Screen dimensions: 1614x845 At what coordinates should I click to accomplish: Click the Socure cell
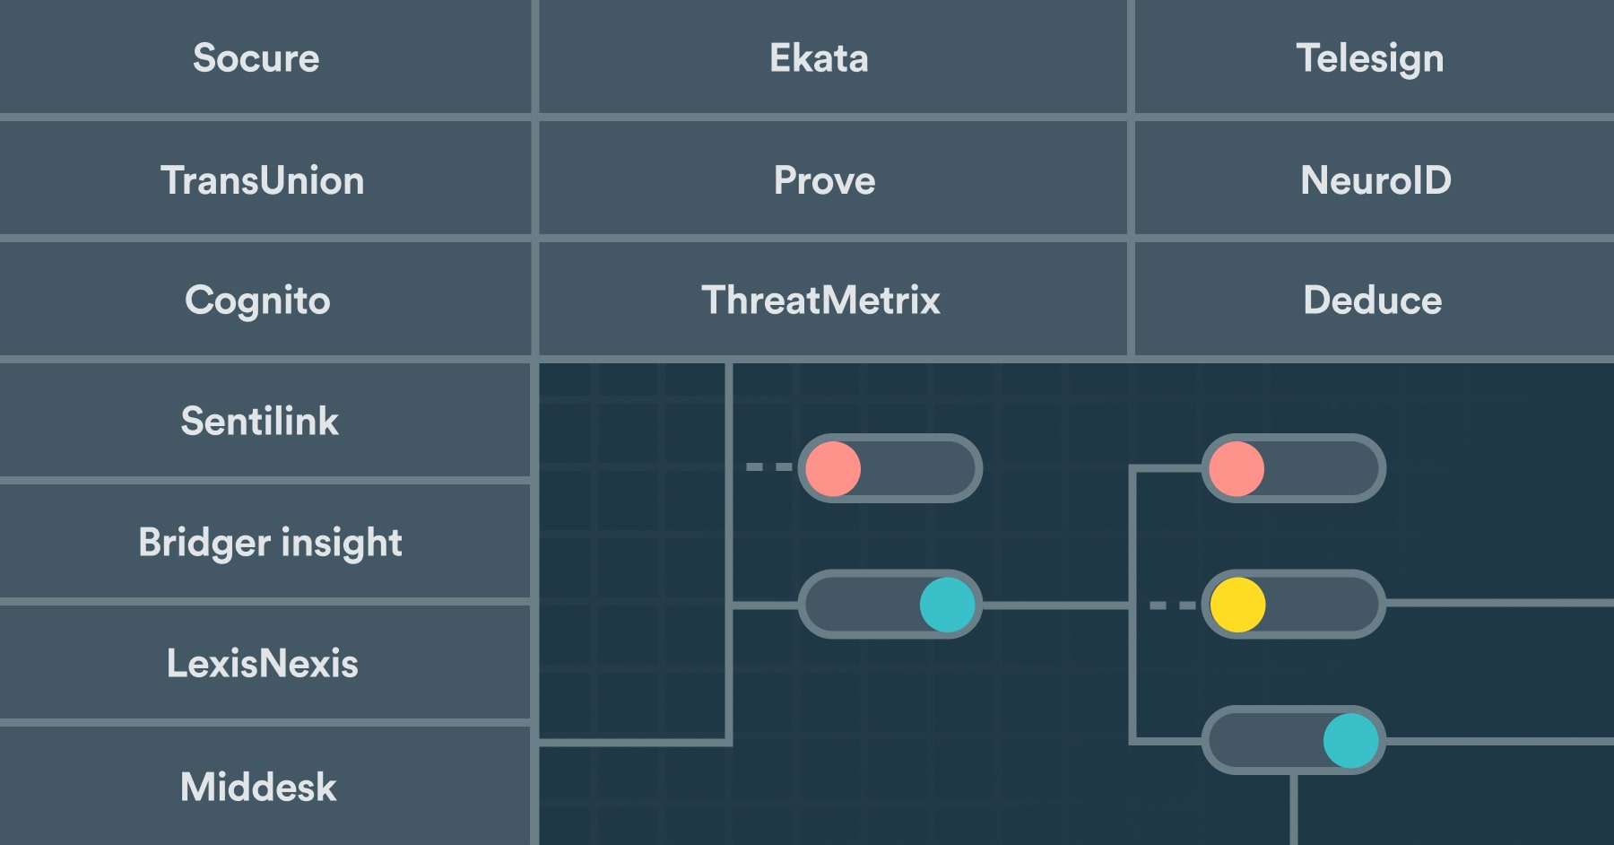(256, 58)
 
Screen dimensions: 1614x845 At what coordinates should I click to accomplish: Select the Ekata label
(819, 58)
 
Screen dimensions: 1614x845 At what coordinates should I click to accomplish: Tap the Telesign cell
(1369, 58)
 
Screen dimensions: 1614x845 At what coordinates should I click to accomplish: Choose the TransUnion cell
(263, 180)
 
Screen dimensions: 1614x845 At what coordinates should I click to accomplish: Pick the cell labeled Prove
(824, 180)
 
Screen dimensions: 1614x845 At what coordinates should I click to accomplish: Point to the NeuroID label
(1375, 180)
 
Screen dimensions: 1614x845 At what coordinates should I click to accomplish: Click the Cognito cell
(257, 301)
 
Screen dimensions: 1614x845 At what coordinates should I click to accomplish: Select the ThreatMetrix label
(820, 301)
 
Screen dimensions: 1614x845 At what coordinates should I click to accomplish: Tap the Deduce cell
(1372, 301)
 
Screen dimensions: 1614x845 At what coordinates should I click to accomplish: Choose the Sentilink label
(260, 421)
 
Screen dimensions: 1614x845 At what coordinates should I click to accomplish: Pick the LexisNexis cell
(262, 664)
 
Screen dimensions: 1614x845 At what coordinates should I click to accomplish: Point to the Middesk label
(258, 787)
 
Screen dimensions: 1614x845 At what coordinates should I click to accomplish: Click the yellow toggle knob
(1237, 605)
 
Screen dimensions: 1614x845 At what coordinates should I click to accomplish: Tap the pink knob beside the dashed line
(833, 468)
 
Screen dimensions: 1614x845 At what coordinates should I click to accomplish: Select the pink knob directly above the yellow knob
(1237, 468)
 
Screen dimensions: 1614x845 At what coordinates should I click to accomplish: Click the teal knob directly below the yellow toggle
(1350, 741)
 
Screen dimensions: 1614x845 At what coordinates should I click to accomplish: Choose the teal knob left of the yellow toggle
(947, 605)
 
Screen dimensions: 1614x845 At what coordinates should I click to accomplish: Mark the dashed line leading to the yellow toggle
(1172, 605)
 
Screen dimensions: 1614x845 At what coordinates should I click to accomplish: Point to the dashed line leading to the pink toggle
(768, 467)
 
